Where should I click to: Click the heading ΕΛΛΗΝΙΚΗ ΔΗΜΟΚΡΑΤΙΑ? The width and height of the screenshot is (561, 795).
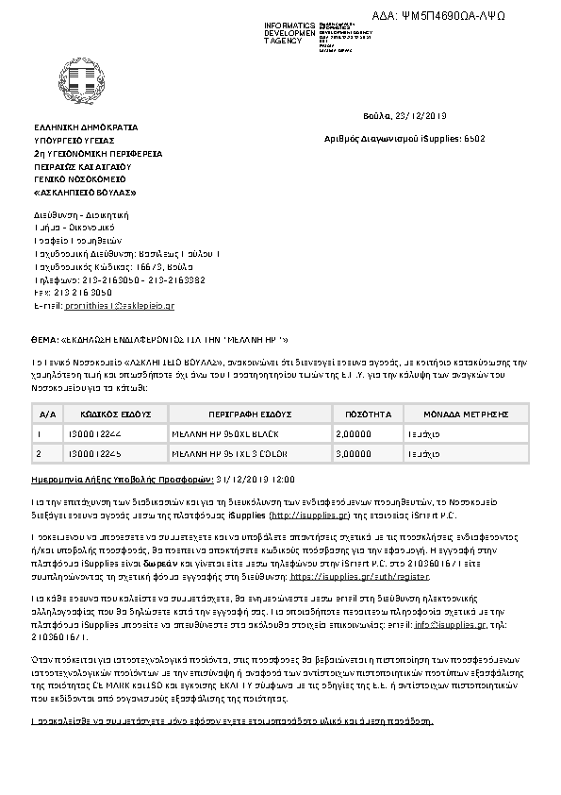pos(85,127)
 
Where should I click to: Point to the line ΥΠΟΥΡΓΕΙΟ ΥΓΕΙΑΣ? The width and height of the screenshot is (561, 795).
pos(75,139)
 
